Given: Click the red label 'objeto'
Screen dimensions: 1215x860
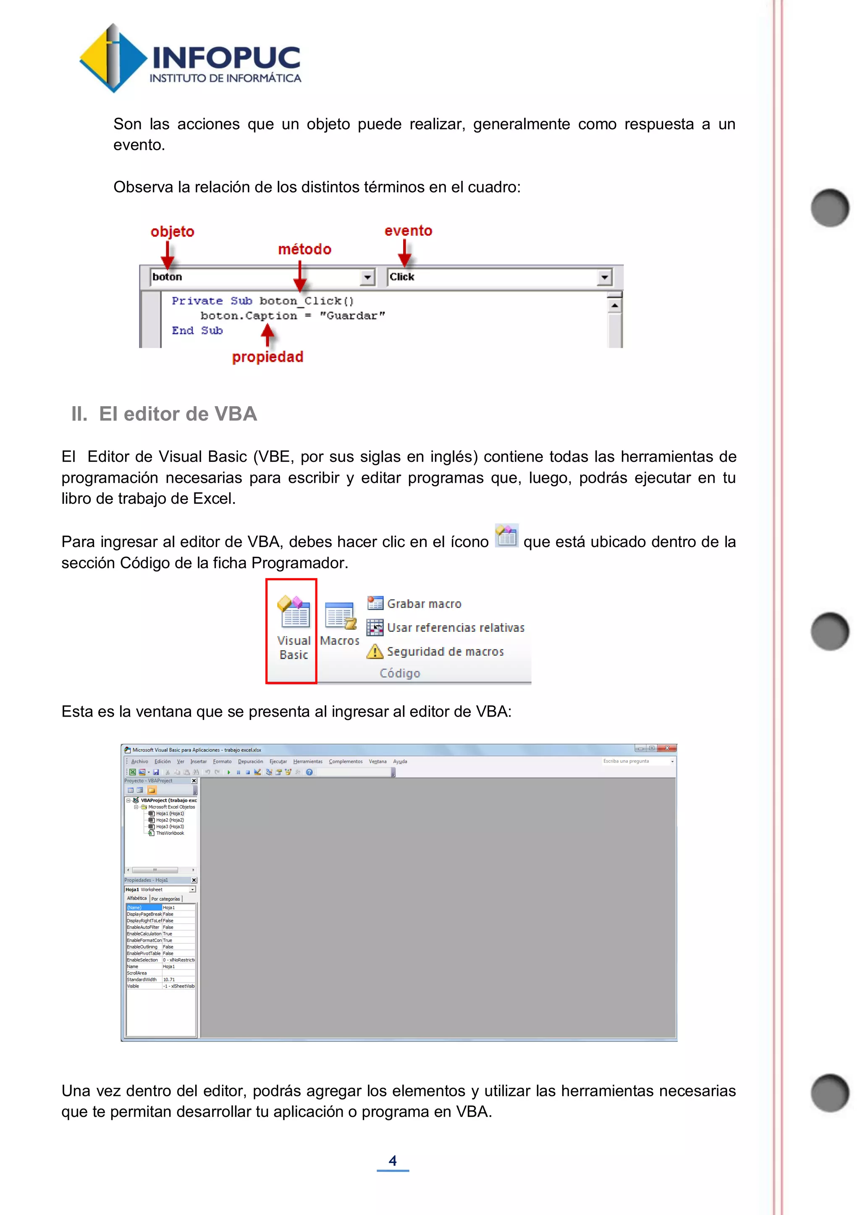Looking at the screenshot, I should [x=172, y=232].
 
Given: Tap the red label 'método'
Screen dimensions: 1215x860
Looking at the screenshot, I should [x=304, y=249].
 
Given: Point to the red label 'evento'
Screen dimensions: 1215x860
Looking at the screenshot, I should [x=408, y=231].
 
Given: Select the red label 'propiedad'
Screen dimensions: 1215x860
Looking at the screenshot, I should [x=267, y=357].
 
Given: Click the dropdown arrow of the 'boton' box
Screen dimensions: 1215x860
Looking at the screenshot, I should [x=367, y=277].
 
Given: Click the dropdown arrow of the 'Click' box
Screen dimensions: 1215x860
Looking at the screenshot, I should [x=604, y=277].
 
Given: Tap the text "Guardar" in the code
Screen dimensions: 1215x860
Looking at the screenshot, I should [x=352, y=316].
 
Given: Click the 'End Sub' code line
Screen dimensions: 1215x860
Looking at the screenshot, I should [x=197, y=331].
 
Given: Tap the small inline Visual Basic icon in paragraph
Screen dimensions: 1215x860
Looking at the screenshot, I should [x=506, y=535].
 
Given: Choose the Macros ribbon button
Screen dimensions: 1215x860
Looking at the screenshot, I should [x=339, y=624].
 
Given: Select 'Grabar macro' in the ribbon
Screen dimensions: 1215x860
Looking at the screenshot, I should [x=424, y=604].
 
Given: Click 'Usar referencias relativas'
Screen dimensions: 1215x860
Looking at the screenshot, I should [x=456, y=628].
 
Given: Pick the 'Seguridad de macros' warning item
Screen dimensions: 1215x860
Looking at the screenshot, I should [x=445, y=652].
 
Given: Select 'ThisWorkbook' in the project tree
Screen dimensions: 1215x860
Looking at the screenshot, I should [x=170, y=833].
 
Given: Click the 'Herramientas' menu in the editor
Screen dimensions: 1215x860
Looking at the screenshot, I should [x=308, y=761].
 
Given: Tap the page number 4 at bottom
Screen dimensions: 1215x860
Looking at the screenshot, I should [x=392, y=1160].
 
